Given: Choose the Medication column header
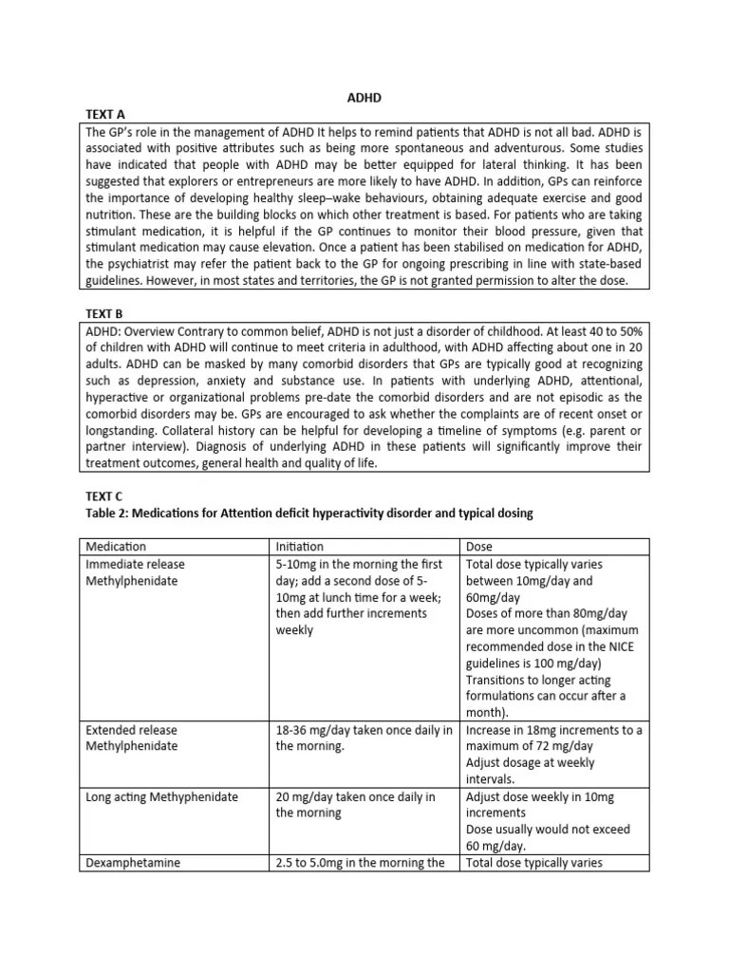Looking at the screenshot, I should [116, 547].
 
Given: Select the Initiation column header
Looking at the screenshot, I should [299, 547].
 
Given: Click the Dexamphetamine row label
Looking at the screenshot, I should [133, 864].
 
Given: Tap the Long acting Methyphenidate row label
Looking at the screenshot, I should [162, 797].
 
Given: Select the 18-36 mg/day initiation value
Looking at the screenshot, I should [311, 730].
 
